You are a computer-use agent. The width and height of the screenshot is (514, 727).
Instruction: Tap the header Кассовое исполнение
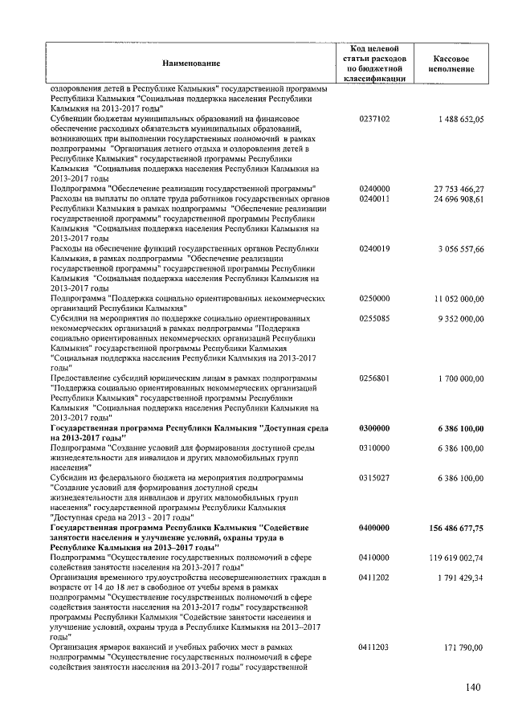click(x=451, y=64)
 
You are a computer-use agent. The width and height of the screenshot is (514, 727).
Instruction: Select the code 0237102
click(x=374, y=119)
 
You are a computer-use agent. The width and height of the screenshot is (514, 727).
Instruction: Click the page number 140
click(x=472, y=687)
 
